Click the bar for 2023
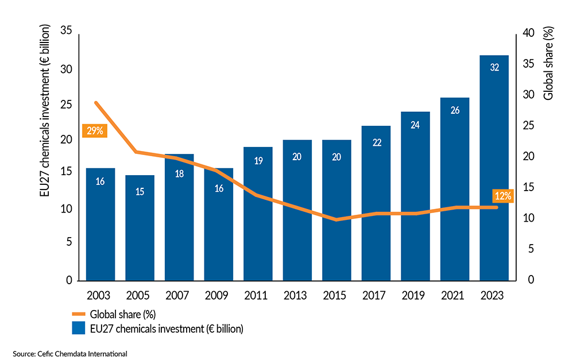(x=494, y=172)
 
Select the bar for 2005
(x=140, y=230)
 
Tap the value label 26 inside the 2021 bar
(x=455, y=111)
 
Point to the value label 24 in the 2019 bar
(x=415, y=125)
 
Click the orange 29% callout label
(x=95, y=131)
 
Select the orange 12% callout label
(x=503, y=196)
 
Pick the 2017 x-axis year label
(x=376, y=296)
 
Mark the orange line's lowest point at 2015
(x=336, y=219)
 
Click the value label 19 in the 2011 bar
(x=258, y=161)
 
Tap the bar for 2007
(x=179, y=218)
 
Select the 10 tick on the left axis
(x=66, y=210)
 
